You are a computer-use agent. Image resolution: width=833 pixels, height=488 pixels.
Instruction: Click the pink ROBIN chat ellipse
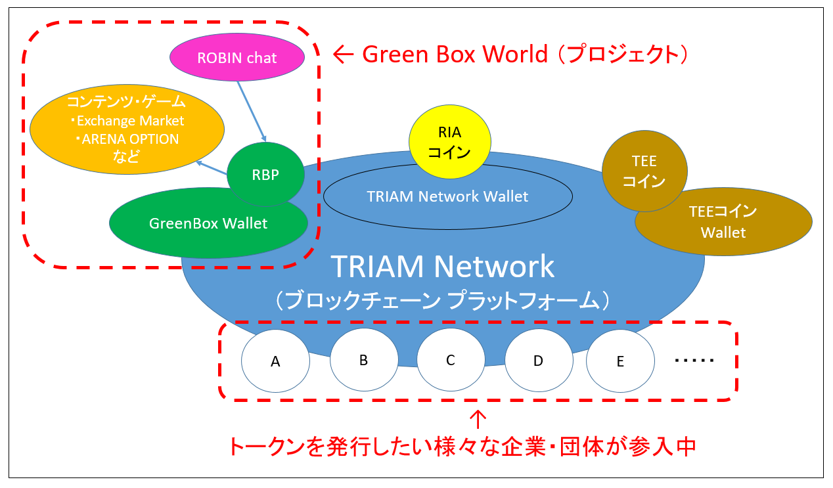(x=237, y=57)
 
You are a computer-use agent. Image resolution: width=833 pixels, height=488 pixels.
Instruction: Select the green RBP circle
(x=265, y=174)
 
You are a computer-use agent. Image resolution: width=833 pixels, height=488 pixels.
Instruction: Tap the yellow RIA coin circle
(x=449, y=142)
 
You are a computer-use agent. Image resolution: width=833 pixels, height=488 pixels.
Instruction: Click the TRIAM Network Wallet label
(x=447, y=196)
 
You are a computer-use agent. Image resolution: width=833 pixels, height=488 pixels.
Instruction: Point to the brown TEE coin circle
(x=644, y=171)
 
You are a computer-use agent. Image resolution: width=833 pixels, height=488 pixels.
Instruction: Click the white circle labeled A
(x=275, y=361)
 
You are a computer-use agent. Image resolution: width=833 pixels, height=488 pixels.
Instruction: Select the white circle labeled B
(x=364, y=360)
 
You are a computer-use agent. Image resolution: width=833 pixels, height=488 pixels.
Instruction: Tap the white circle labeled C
(x=451, y=360)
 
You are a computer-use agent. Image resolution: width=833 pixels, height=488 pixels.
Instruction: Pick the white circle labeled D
(x=539, y=361)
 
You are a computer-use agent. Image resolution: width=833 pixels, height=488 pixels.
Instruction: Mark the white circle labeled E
(x=620, y=361)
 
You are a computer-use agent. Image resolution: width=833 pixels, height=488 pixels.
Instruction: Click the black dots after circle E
(x=694, y=360)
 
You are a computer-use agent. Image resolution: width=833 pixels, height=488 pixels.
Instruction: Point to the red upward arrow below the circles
(x=478, y=420)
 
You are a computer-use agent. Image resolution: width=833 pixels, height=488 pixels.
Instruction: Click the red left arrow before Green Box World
(x=343, y=55)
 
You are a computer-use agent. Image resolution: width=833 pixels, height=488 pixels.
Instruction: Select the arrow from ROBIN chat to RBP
(x=252, y=111)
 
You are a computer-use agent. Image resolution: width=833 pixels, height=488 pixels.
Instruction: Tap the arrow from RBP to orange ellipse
(x=212, y=167)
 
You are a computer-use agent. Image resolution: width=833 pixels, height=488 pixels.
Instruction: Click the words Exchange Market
(x=130, y=121)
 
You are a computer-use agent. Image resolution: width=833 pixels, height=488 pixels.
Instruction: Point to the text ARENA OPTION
(x=130, y=139)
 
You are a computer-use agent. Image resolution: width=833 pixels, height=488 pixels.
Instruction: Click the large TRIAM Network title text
(x=443, y=266)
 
